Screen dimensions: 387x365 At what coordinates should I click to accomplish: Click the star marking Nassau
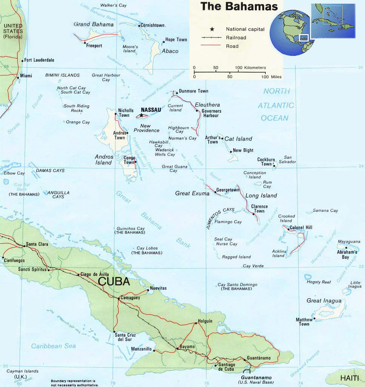142,115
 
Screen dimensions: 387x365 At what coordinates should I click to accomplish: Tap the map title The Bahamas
239,6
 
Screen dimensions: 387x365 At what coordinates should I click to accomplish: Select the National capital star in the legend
212,29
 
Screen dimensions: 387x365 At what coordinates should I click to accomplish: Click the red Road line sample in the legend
211,46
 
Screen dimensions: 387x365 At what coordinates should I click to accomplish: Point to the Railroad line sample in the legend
211,38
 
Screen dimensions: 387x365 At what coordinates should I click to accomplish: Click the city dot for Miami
18,77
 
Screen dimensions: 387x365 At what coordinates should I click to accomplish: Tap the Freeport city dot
85,42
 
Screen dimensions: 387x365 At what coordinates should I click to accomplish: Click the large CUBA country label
114,282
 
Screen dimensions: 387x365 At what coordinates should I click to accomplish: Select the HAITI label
350,378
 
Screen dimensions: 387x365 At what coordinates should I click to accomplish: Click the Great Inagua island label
324,301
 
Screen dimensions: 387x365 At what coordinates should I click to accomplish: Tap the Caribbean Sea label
53,346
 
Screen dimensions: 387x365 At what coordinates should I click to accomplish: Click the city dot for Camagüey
119,299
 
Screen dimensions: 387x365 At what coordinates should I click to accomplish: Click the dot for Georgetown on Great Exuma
216,192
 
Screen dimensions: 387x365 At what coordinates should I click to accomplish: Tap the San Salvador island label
290,159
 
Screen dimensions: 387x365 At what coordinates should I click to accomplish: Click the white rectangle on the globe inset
304,38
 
